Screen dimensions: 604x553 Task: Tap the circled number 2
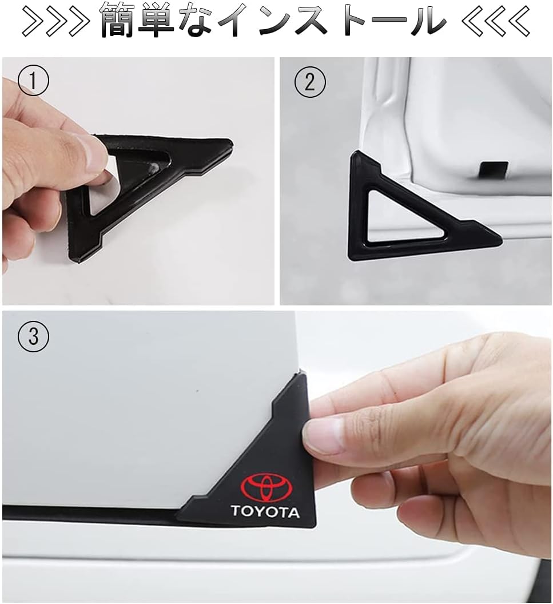[x=309, y=82]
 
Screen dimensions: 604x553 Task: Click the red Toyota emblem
[x=266, y=487]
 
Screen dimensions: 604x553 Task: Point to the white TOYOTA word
[x=265, y=511]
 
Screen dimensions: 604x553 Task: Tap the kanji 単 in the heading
[x=169, y=21]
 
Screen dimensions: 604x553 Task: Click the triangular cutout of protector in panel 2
[x=400, y=220]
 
